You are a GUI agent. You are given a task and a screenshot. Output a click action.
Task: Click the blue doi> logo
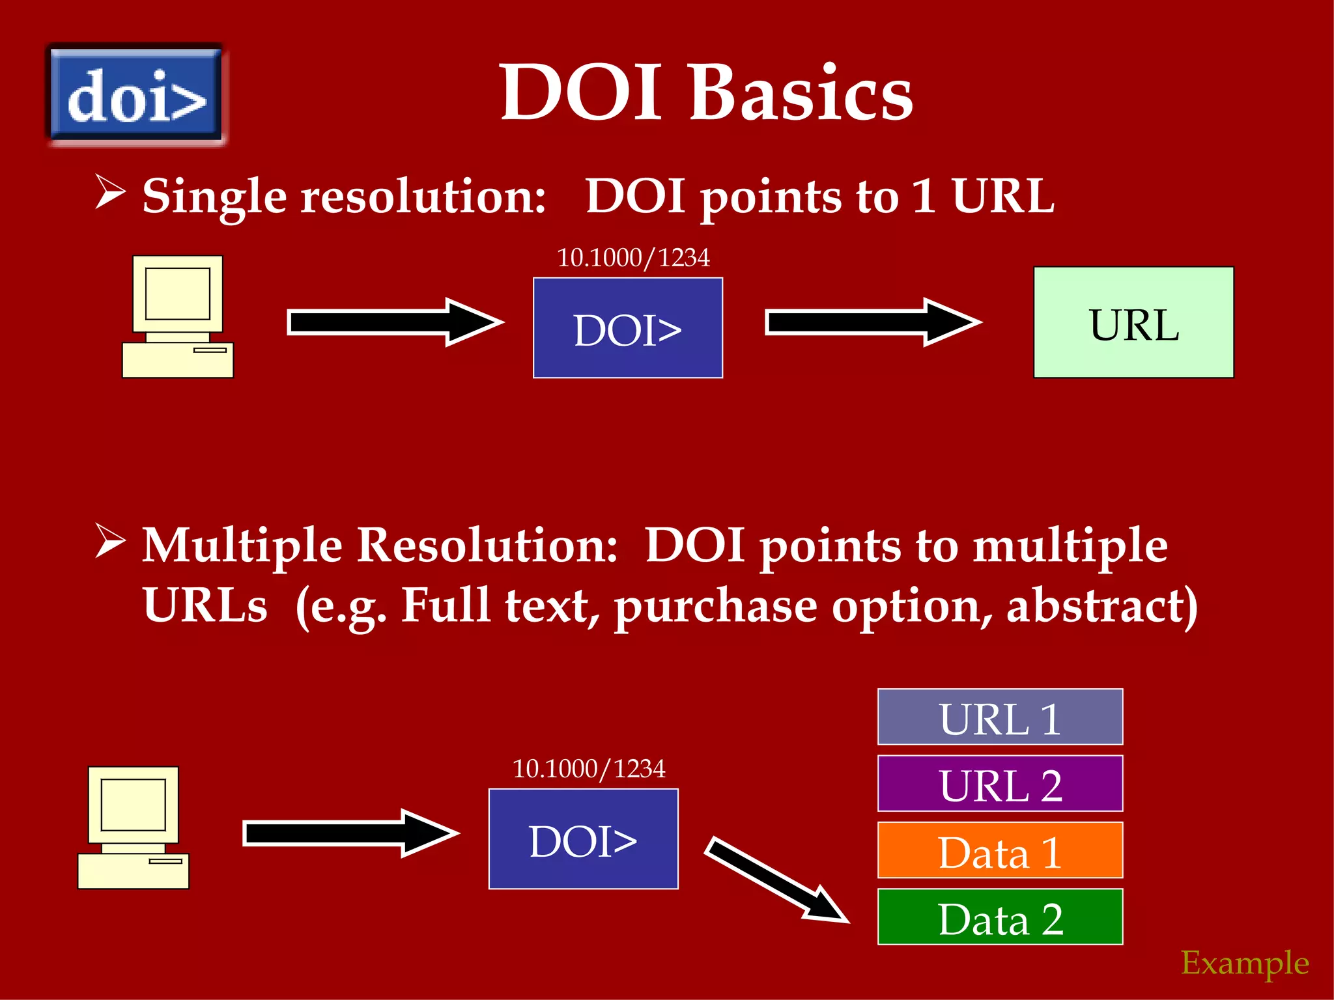[136, 96]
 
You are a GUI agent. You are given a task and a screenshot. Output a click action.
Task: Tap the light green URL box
[1133, 323]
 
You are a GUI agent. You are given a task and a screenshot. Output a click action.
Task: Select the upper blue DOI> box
[627, 328]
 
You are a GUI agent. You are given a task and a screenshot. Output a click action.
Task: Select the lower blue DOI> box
[583, 839]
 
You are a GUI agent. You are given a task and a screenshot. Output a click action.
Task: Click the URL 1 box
[1000, 717]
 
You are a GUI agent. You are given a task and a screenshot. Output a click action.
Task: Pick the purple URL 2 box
[1000, 784]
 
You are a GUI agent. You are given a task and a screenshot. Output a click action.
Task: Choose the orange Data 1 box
[1000, 850]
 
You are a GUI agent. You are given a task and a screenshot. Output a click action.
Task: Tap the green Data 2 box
[1000, 917]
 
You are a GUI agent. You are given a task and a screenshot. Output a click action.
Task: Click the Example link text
[1245, 962]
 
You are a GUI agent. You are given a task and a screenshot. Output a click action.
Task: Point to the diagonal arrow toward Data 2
[775, 879]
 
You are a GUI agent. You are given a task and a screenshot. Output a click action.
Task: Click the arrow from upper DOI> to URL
[873, 323]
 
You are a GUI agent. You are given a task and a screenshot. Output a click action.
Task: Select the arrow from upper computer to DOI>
[395, 323]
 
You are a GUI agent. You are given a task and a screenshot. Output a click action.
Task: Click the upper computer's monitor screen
[177, 293]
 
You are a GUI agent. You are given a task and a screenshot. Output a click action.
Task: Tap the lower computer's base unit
[134, 871]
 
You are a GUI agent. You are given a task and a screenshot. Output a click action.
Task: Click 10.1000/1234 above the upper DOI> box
[633, 258]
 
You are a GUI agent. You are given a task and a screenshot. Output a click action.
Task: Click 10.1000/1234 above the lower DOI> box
[589, 769]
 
